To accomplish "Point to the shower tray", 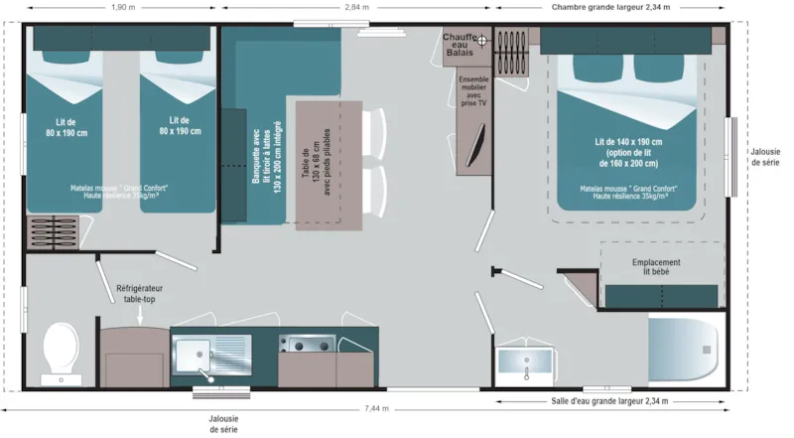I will pyautogui.click(x=684, y=348).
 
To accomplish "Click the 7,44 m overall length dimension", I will pyautogui.click(x=378, y=408).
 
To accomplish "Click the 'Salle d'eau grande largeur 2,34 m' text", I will pyautogui.click(x=609, y=401).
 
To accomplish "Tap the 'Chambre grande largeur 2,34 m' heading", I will pyautogui.click(x=610, y=7).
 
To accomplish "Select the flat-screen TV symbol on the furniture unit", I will pyautogui.click(x=478, y=143).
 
